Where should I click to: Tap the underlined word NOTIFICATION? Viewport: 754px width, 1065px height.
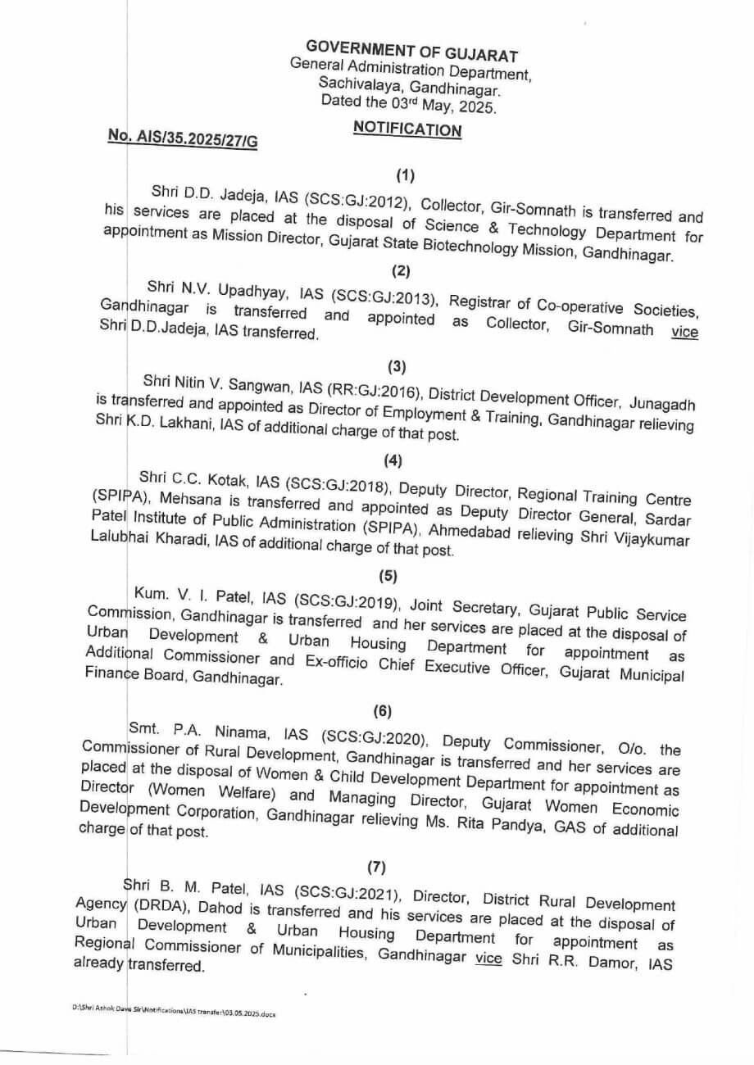[x=407, y=129]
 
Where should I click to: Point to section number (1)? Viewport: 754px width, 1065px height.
[x=406, y=174]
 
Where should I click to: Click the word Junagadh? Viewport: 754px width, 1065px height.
[x=663, y=404]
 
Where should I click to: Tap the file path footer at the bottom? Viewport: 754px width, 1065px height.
[x=175, y=1013]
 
